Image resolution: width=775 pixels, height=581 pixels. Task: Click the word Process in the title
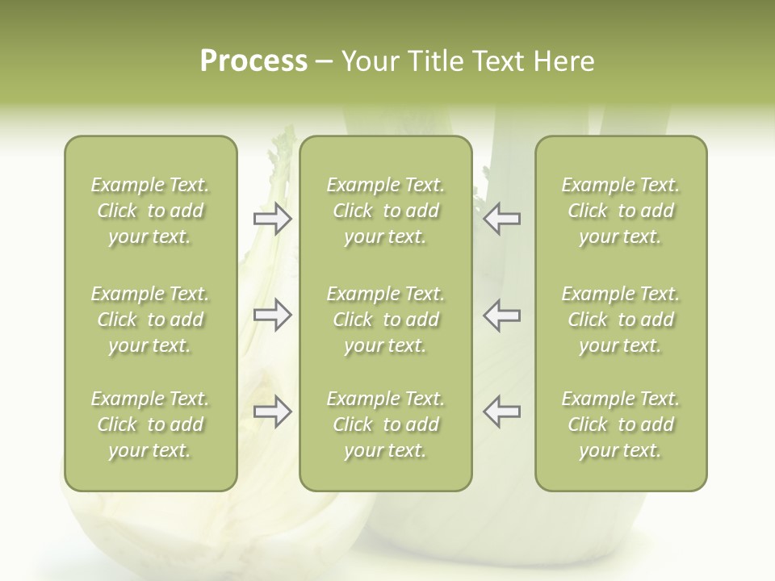click(253, 61)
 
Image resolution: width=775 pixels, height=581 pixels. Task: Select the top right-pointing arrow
click(272, 219)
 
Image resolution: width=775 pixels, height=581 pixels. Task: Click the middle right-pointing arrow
click(272, 315)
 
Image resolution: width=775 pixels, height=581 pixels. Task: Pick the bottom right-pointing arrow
click(272, 412)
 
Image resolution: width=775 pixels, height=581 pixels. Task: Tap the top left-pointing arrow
click(501, 219)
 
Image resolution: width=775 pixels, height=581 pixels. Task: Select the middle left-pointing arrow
click(501, 315)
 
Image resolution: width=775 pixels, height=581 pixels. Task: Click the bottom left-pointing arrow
click(501, 412)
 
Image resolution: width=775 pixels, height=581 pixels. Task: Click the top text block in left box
click(150, 211)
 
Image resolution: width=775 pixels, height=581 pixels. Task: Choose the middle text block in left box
click(150, 320)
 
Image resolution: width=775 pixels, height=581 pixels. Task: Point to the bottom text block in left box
click(150, 424)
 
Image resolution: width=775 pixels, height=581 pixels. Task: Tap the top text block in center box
click(385, 211)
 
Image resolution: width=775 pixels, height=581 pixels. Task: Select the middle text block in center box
click(385, 320)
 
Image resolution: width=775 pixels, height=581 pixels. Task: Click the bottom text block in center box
click(385, 424)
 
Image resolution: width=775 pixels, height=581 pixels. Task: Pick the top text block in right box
click(620, 211)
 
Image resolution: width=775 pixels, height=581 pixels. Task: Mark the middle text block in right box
click(620, 320)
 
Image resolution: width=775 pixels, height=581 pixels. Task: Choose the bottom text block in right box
click(620, 424)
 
